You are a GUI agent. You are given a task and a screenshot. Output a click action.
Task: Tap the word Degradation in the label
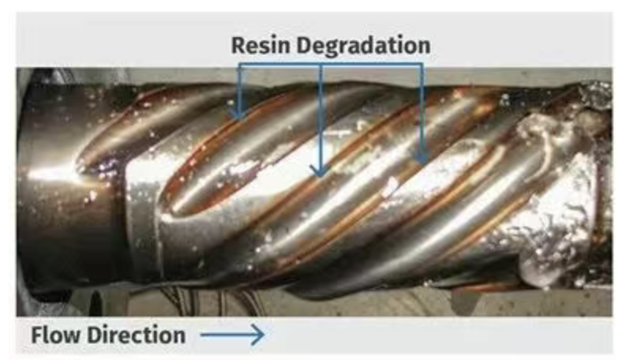click(x=362, y=46)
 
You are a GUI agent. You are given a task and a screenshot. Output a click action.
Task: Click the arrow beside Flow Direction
click(x=232, y=336)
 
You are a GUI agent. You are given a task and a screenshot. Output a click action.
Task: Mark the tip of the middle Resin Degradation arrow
click(x=320, y=175)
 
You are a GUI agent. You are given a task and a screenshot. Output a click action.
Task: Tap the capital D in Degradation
click(x=302, y=45)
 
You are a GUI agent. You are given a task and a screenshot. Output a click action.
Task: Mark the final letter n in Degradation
click(x=424, y=47)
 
